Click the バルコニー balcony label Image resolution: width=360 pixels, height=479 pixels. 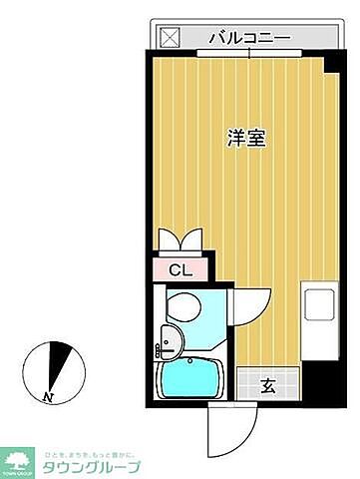249,38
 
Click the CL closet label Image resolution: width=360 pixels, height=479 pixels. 180,268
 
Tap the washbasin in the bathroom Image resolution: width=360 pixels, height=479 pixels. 172,341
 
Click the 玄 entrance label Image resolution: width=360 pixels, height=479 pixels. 269,384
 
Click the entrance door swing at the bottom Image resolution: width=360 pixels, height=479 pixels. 221,426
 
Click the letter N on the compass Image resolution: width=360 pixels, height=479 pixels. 48,397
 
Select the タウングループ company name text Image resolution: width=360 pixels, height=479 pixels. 90,466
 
